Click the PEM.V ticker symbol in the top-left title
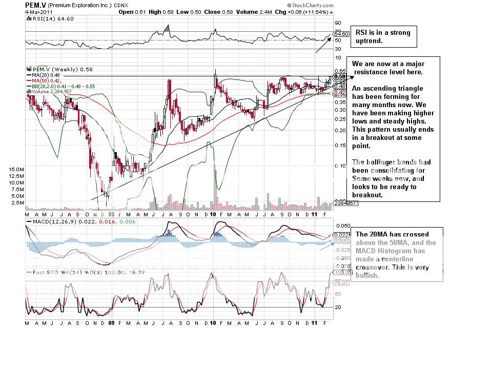click(33, 5)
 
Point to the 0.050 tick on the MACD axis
click(342, 225)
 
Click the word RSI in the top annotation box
click(362, 33)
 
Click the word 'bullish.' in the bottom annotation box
click(368, 275)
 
